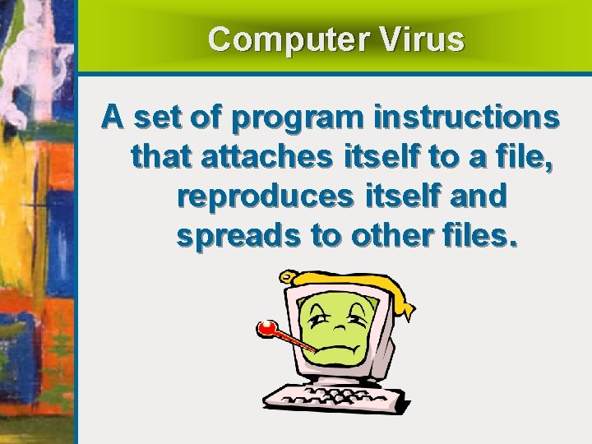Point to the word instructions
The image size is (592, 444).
(x=466, y=119)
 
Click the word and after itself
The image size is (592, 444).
(x=477, y=196)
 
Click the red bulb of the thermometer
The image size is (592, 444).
(x=266, y=329)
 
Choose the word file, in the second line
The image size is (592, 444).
(x=517, y=157)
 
